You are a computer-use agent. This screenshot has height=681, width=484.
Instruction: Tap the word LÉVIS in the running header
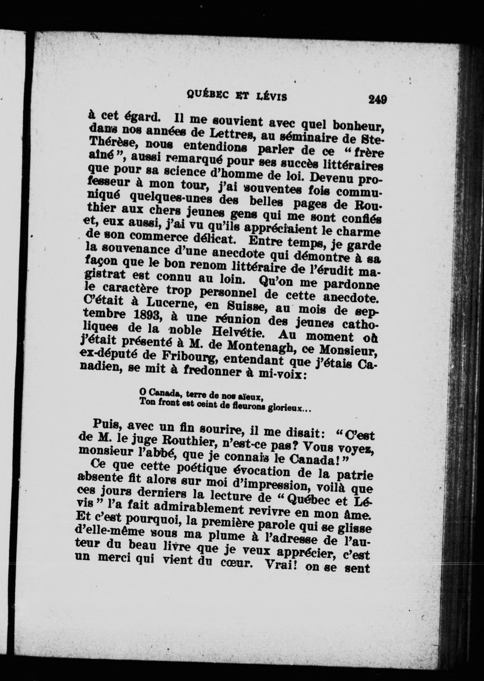coord(271,97)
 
